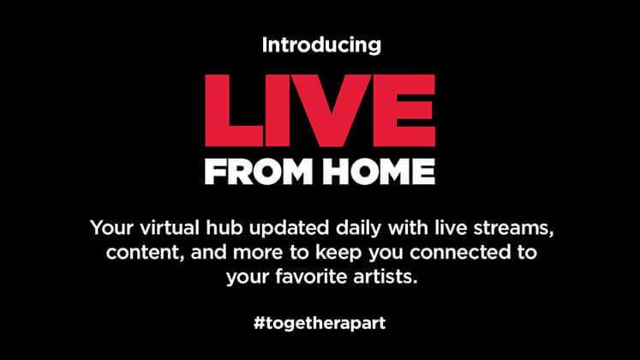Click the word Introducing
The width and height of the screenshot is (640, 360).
(x=321, y=45)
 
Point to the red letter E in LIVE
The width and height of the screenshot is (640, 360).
(x=404, y=111)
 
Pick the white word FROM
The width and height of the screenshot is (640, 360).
(x=259, y=171)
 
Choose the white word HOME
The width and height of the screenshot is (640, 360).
(x=380, y=171)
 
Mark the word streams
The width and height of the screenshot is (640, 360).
(x=513, y=229)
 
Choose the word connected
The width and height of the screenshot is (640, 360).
(x=459, y=252)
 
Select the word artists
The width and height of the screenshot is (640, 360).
(x=386, y=277)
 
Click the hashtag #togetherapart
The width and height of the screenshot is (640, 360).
(x=320, y=324)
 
